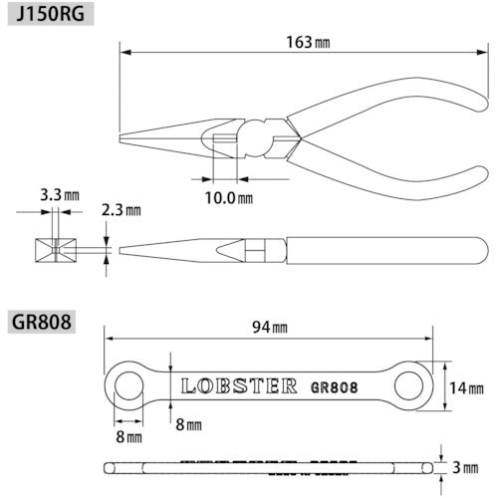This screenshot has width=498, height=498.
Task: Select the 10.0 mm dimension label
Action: coord(227,197)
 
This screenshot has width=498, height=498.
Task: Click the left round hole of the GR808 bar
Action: coord(126,385)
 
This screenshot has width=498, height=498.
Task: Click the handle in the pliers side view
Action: coord(378,248)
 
